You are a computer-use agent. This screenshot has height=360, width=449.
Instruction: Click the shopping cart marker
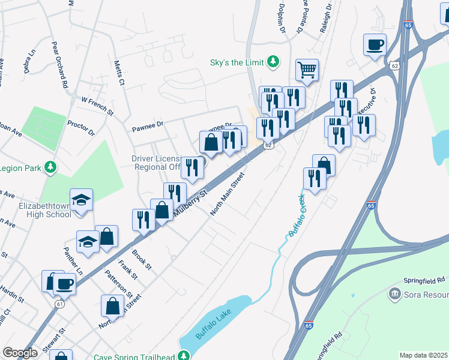(x=307, y=70)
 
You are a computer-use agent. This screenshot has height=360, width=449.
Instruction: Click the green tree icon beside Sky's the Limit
(x=273, y=61)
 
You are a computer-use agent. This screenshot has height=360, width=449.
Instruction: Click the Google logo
(x=19, y=353)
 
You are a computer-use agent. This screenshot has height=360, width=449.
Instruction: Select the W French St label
(x=97, y=106)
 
